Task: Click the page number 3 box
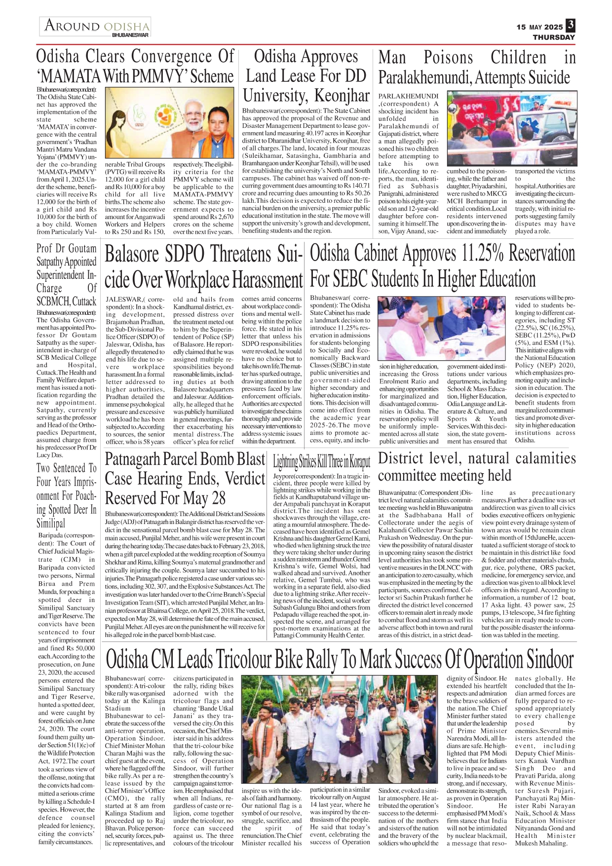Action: coord(571,25)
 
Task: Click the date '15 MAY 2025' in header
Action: coord(539,27)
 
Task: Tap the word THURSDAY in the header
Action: coord(554,37)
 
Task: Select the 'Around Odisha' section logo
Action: coord(95,27)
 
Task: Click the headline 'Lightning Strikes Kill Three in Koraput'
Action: coord(321,462)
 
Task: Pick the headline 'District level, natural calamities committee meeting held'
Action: coord(477,467)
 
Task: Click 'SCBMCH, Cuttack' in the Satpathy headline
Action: coord(66,301)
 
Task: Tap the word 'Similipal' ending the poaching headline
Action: coord(51,523)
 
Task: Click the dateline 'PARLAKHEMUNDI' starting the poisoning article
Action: coord(408,96)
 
